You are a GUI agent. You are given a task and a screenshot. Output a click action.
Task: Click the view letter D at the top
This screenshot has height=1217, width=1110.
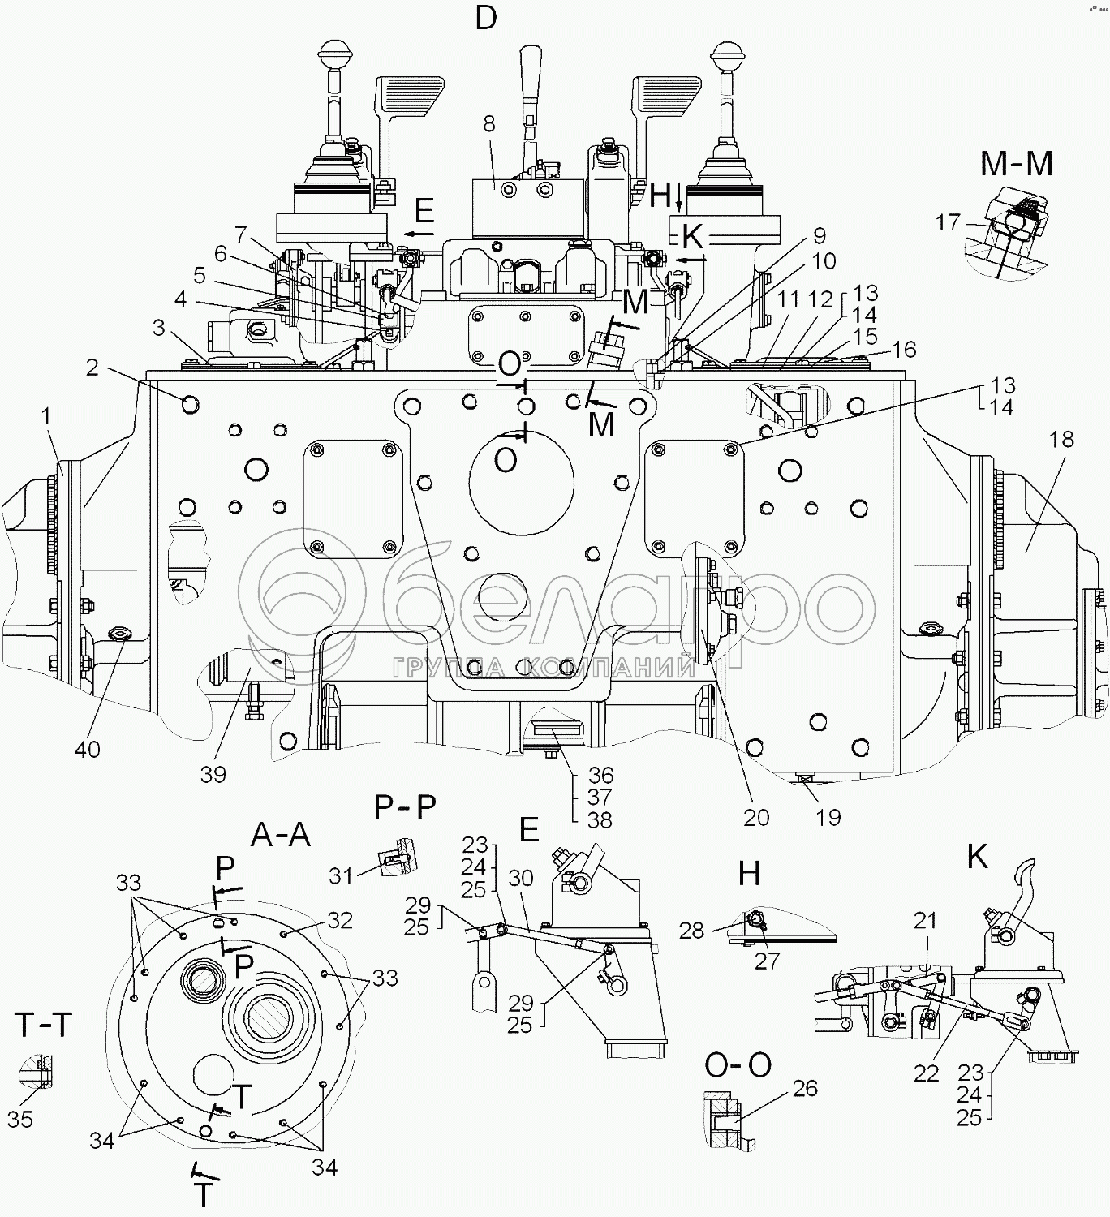click(x=485, y=18)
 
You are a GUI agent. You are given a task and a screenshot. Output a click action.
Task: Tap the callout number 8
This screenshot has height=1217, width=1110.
click(x=488, y=124)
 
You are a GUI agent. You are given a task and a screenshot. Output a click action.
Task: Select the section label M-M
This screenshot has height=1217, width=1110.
click(x=1016, y=165)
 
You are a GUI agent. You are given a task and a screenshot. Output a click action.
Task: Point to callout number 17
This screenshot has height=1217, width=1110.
click(x=948, y=221)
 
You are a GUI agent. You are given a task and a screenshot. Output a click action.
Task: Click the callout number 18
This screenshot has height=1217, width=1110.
click(x=1061, y=440)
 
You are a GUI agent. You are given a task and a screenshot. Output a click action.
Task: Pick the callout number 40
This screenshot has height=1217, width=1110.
click(x=88, y=748)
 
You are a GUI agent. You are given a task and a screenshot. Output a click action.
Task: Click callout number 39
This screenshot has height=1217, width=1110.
click(x=213, y=774)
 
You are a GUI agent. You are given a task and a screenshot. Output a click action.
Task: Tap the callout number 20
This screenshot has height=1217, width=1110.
click(x=755, y=816)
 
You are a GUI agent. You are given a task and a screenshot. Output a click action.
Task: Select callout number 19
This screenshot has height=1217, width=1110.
click(x=828, y=816)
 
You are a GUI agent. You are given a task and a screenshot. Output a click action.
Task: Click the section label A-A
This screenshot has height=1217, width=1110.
click(x=281, y=834)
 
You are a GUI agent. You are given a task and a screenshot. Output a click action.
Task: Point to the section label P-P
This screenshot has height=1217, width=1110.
click(x=405, y=807)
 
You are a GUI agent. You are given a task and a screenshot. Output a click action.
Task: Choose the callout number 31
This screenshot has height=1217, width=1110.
click(x=342, y=875)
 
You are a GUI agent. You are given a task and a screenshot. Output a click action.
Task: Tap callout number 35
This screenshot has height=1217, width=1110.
click(x=20, y=1119)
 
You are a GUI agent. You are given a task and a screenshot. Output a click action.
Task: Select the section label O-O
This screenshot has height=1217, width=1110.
click(x=738, y=1065)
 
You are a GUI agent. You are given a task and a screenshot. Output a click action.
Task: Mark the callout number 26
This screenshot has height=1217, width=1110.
click(x=804, y=1088)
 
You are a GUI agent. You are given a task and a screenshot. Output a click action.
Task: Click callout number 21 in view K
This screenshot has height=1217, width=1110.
click(x=925, y=921)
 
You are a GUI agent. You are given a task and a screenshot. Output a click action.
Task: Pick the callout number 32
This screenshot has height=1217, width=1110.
click(x=341, y=920)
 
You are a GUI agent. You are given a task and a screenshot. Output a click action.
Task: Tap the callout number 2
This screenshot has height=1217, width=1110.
click(x=92, y=368)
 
